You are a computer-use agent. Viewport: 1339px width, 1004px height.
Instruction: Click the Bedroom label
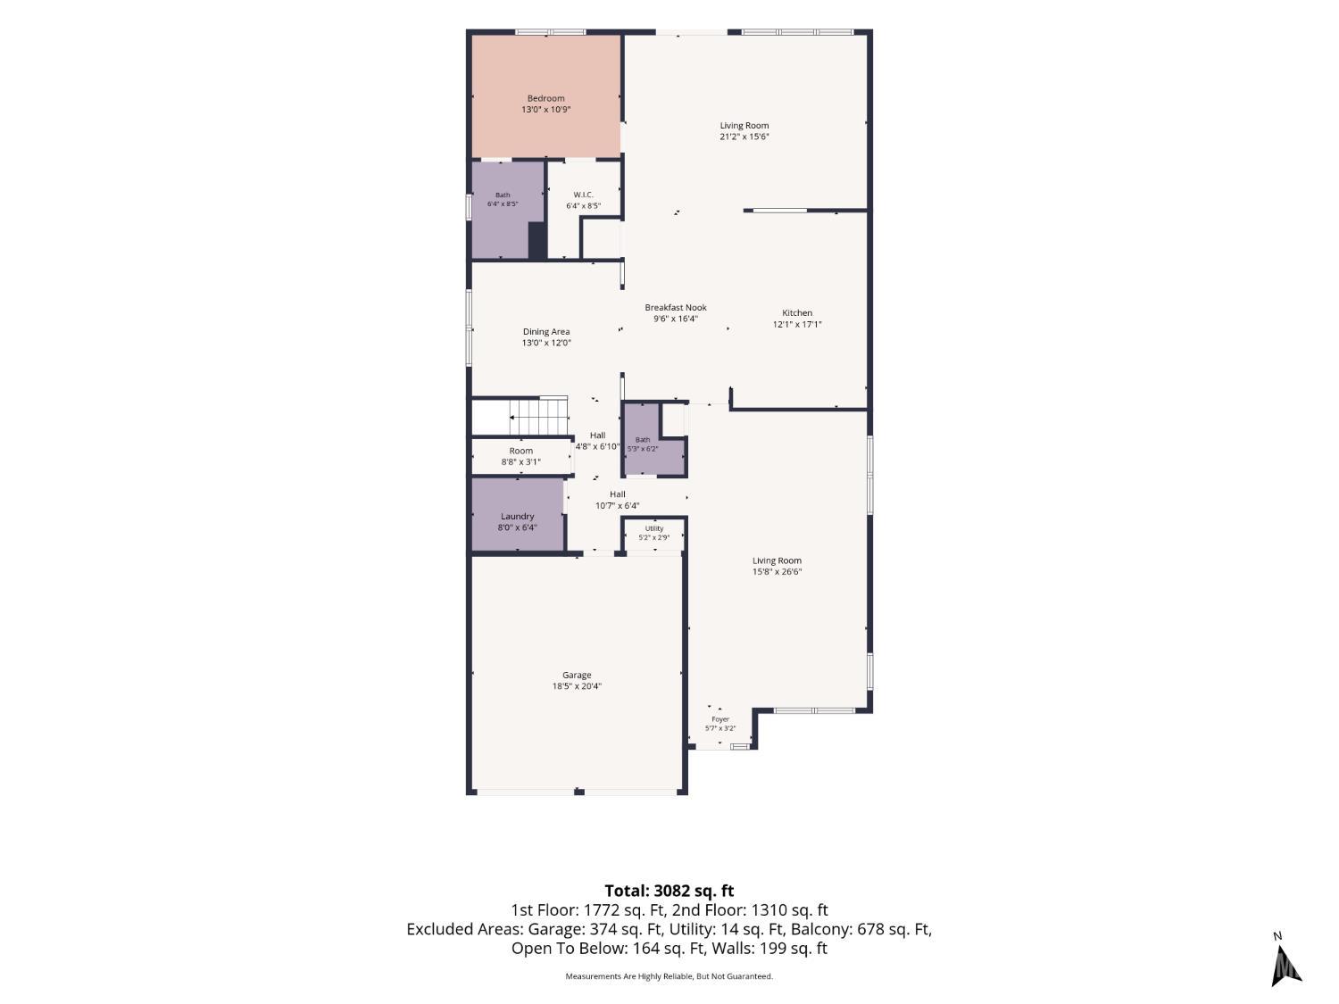point(545,98)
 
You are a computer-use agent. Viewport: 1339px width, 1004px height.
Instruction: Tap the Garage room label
point(577,675)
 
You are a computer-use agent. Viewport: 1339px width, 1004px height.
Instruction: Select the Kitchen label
point(796,312)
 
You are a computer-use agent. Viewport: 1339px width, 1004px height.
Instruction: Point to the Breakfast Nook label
point(675,307)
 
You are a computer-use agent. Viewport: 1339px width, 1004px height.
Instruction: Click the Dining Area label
point(546,332)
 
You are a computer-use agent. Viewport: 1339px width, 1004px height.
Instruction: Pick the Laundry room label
point(517,517)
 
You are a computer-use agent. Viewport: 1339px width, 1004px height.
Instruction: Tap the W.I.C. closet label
point(583,195)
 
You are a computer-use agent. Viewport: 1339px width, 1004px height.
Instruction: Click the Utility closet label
point(654,528)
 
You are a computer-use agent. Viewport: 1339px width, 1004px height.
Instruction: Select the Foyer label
point(720,719)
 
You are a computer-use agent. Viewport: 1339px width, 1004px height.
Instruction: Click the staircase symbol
point(538,416)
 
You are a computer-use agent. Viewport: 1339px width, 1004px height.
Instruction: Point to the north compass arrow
point(1285,967)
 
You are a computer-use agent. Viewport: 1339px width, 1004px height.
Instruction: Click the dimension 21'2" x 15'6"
point(744,137)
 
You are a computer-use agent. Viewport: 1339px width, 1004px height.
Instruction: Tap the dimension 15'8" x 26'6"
point(777,572)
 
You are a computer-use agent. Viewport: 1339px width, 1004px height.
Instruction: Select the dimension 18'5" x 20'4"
point(577,685)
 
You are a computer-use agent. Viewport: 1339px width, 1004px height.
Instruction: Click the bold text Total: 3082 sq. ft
point(669,892)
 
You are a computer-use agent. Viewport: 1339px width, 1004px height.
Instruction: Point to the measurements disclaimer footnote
point(669,976)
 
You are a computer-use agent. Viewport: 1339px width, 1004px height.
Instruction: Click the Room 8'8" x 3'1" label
point(521,456)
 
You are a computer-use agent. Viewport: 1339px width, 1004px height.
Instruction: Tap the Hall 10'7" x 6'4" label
point(618,500)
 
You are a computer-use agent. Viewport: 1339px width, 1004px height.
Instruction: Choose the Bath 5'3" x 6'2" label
point(643,444)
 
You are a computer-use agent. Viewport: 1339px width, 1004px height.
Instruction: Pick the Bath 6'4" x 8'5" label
point(503,199)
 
